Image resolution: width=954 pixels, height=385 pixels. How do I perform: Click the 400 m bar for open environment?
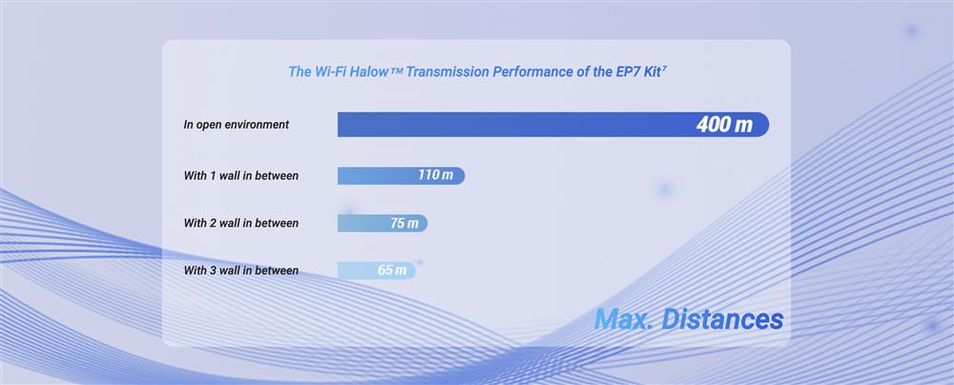pos(553,125)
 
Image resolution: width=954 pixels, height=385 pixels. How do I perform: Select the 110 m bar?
pos(401,175)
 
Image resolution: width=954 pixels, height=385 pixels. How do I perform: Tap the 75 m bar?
pos(383,223)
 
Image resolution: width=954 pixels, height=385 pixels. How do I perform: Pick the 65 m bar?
pos(377,270)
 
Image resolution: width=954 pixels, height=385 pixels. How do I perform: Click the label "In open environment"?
pos(236,125)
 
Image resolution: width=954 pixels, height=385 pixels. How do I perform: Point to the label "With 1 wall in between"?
pos(241,175)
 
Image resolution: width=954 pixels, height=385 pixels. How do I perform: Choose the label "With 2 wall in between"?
pos(241,223)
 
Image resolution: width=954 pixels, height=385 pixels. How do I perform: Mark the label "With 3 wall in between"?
pos(241,270)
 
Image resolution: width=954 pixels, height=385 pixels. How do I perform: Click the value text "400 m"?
pos(724,125)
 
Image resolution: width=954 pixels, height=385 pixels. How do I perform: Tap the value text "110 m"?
pos(436,175)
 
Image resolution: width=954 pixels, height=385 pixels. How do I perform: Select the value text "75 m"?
pos(404,223)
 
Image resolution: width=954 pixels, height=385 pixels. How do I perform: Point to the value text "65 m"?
pos(392,270)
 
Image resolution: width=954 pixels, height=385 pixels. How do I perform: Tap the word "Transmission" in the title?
pos(447,71)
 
